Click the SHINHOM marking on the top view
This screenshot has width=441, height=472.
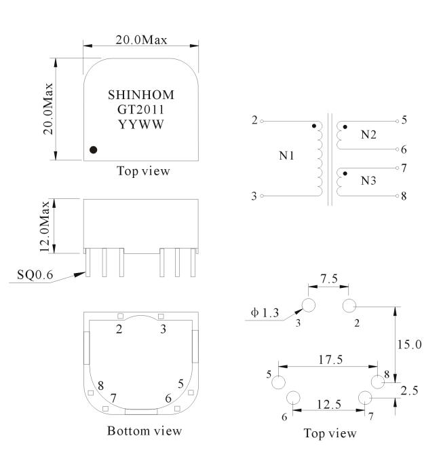coord(141,95)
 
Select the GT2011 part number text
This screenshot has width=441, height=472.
coord(141,109)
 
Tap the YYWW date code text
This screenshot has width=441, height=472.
coord(141,124)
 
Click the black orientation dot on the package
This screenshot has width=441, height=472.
coord(93,149)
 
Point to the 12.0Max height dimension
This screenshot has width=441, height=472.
coord(45,226)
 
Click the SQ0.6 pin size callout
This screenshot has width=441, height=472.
coord(35,274)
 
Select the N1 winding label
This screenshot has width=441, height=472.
coord(286,156)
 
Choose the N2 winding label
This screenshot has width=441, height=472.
coord(368,134)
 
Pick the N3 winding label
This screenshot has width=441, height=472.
coord(368,181)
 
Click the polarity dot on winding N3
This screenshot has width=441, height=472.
coord(345,173)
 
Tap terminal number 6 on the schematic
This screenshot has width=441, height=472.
coord(404,149)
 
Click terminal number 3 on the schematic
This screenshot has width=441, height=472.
coord(254,196)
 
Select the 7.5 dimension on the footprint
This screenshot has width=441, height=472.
coord(329,278)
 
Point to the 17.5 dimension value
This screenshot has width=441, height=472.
coord(330,359)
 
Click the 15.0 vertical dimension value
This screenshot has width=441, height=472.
coord(409,344)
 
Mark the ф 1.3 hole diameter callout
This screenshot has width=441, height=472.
coord(265,313)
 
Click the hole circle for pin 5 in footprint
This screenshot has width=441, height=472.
coord(278,382)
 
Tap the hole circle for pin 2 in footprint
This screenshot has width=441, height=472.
coord(349,306)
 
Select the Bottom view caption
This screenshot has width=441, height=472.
coord(145,431)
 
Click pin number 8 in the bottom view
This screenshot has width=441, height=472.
coord(100,385)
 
